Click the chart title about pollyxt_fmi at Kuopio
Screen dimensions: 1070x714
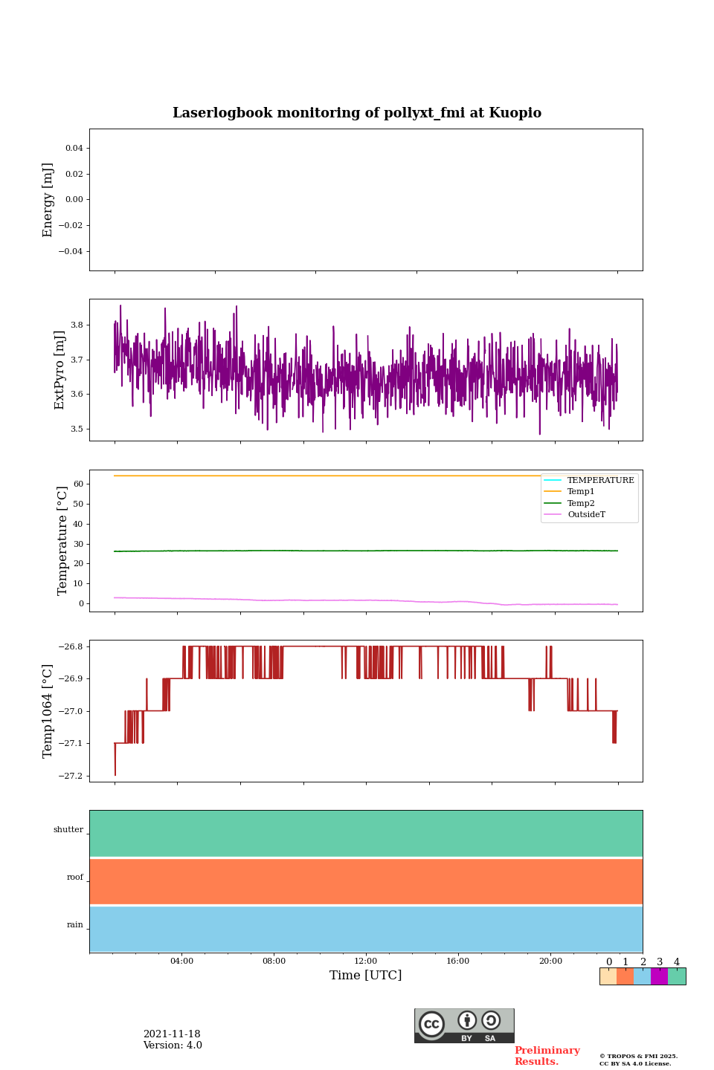coord(357,113)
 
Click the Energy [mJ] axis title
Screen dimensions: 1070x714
coord(48,200)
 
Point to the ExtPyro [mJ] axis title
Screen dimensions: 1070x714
coord(60,370)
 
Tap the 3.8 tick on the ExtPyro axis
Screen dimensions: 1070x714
coord(77,325)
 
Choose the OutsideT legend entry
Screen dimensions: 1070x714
coord(586,515)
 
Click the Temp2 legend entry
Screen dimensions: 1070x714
coord(580,504)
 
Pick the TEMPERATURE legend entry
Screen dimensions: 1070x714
coord(600,481)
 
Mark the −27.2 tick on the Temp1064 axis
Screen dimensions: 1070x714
coord(71,776)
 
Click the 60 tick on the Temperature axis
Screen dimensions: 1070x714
coord(78,484)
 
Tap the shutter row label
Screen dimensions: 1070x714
coord(68,830)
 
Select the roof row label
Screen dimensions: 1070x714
coord(75,878)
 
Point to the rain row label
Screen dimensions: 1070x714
coord(75,925)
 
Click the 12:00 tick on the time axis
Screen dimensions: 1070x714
coord(366,962)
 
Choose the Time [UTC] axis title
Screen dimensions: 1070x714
coord(366,976)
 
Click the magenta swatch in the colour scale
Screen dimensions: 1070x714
coord(659,976)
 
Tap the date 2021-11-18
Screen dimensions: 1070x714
coord(172,1034)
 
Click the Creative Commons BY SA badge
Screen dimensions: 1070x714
coord(464,1025)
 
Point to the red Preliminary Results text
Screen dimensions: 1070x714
coord(547,1056)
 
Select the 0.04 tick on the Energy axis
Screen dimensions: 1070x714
coord(74,149)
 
